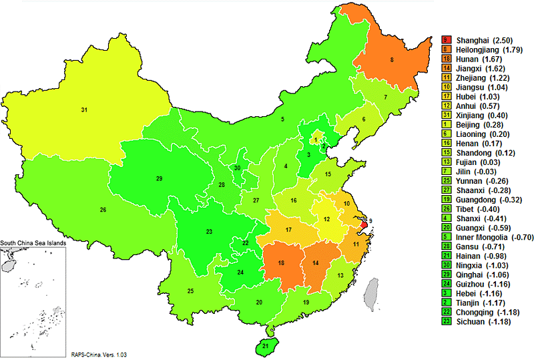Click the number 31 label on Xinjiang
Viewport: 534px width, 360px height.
pyautogui.click(x=84, y=110)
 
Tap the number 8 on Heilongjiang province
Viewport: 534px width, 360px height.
pyautogui.click(x=391, y=60)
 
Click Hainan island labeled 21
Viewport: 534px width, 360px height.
pyautogui.click(x=265, y=346)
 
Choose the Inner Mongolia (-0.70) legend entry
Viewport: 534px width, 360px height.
pyautogui.click(x=492, y=237)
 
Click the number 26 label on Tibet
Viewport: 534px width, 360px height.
pyautogui.click(x=103, y=210)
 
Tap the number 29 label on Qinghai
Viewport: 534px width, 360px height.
pyautogui.click(x=159, y=179)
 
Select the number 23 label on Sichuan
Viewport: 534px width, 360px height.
pyautogui.click(x=209, y=232)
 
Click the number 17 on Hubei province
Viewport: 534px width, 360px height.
pyautogui.click(x=288, y=230)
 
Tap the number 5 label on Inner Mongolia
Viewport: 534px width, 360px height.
pyautogui.click(x=283, y=120)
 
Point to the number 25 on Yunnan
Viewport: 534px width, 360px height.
pyautogui.click(x=190, y=291)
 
